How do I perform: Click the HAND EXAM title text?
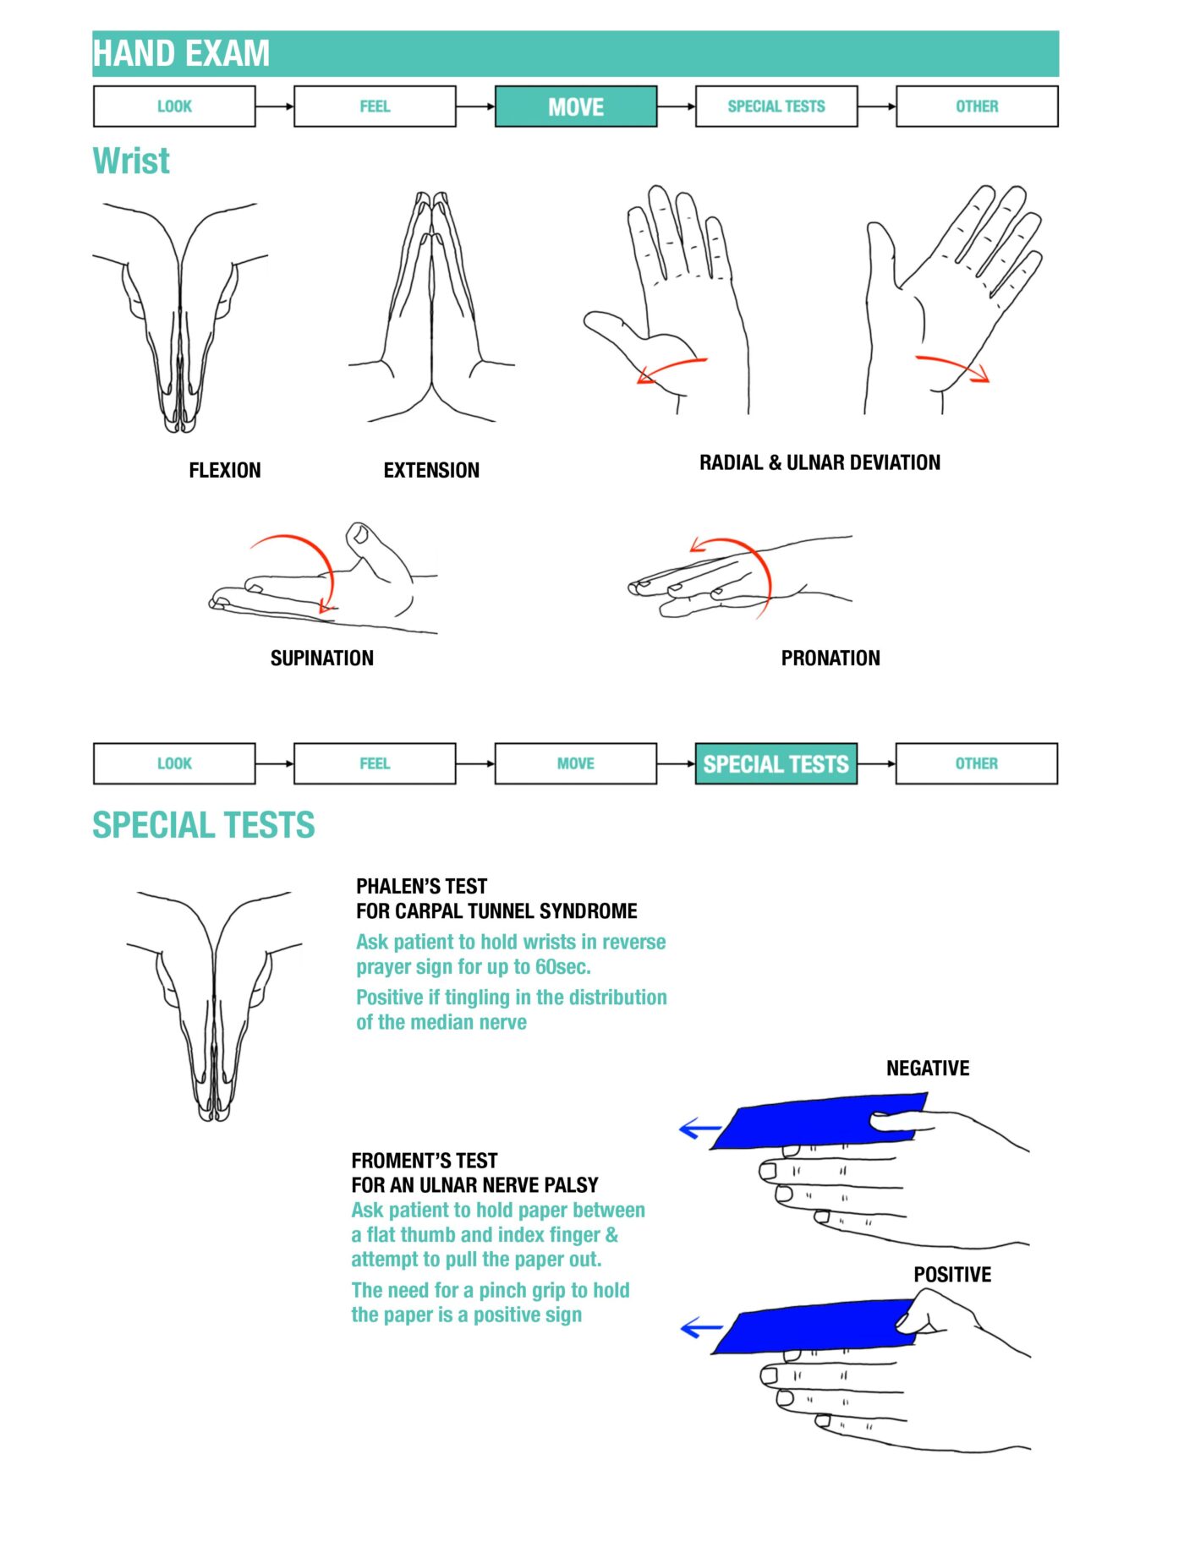[181, 53]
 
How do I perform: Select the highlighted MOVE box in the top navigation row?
[575, 107]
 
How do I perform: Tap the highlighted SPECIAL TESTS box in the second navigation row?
[776, 764]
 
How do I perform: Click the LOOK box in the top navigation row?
[174, 107]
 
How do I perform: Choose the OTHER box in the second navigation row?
[976, 764]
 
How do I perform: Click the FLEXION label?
[225, 471]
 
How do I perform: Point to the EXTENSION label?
[431, 471]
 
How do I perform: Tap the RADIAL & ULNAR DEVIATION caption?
[819, 463]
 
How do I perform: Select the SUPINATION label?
[321, 659]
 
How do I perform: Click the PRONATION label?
[830, 659]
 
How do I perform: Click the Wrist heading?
[131, 161]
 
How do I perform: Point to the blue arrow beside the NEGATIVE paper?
[700, 1129]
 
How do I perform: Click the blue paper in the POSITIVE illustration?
[812, 1326]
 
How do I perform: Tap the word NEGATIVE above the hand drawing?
[928, 1069]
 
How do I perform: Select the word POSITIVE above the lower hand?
[952, 1275]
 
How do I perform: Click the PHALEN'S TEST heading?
[421, 887]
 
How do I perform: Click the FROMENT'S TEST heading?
[424, 1161]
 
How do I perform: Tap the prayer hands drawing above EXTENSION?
[432, 313]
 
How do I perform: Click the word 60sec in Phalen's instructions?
[562, 967]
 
